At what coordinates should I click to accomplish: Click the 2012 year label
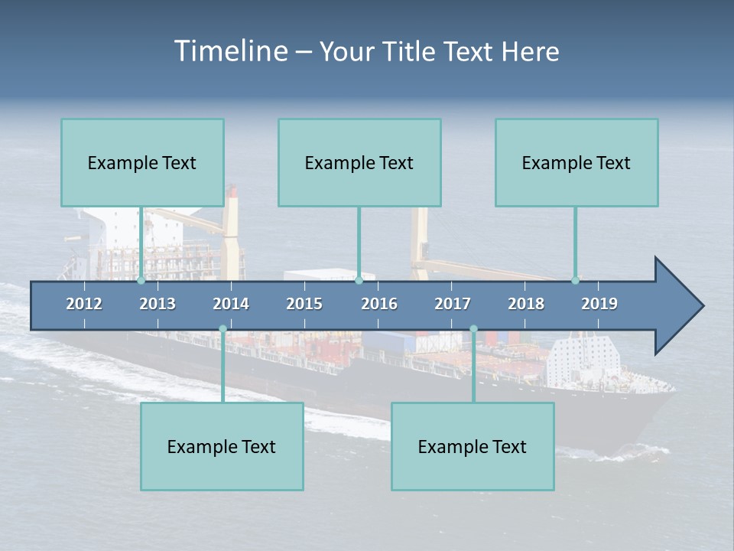tap(84, 304)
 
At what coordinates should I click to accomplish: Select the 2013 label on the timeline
tap(158, 304)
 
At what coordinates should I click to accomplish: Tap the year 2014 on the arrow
tap(231, 304)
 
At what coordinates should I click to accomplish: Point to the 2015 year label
tap(304, 304)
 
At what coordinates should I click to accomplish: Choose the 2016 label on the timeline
tap(379, 304)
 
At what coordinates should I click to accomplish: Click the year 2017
tap(453, 304)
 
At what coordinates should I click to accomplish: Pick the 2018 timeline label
tap(526, 304)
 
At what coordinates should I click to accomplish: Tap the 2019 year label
tap(599, 304)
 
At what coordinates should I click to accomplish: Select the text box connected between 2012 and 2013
tap(142, 162)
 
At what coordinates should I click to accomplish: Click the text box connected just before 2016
tap(359, 162)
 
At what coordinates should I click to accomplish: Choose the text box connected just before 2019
tap(576, 162)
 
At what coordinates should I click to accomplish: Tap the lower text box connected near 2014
tap(222, 446)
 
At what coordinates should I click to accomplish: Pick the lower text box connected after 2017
tap(473, 446)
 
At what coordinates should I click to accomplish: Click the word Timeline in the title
tap(230, 51)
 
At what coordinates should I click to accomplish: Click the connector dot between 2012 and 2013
tap(141, 281)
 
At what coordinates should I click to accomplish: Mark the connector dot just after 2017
tap(473, 329)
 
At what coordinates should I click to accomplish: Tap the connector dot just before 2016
tap(359, 281)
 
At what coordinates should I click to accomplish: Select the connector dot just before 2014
tap(222, 329)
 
